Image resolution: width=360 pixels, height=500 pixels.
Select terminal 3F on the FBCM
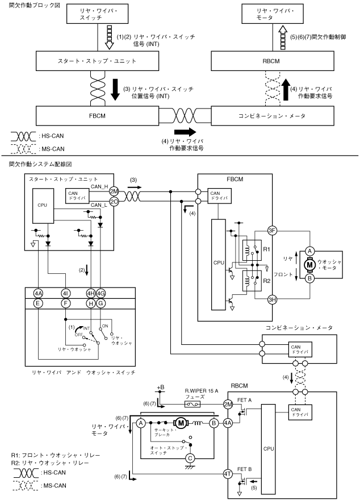[272, 230]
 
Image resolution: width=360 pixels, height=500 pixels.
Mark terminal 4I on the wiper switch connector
[65, 293]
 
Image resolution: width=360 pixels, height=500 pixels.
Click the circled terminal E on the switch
[38, 304]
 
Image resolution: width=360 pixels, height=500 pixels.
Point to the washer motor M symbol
[310, 264]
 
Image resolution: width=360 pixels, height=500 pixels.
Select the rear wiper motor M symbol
[181, 422]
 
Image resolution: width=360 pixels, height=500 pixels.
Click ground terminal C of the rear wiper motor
[191, 457]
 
